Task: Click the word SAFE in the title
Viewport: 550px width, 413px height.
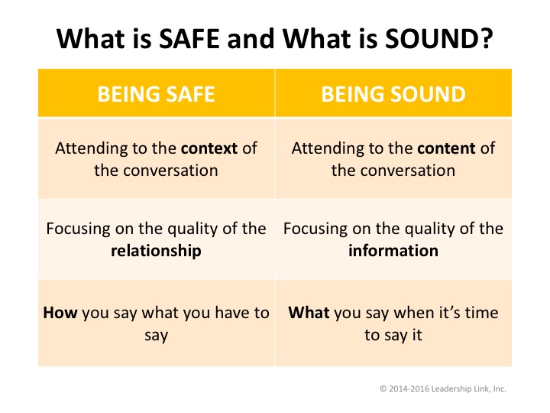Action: click(x=189, y=38)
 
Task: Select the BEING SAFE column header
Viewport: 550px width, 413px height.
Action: click(x=156, y=94)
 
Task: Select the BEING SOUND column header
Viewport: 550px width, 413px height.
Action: click(x=393, y=94)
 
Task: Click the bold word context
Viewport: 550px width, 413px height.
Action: click(x=209, y=148)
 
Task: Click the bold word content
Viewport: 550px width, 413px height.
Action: click(x=446, y=148)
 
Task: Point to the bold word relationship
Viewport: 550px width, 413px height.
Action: click(x=156, y=251)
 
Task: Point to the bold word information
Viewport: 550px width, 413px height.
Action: click(x=393, y=251)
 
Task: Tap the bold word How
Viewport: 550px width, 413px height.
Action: click(x=60, y=313)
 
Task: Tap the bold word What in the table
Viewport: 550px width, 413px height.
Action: click(x=309, y=313)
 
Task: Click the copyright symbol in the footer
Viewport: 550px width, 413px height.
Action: click(x=383, y=389)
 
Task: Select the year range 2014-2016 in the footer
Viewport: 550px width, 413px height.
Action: click(x=409, y=389)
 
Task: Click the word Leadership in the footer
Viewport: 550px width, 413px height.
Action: click(x=451, y=389)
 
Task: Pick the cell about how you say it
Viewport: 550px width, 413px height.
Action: click(x=156, y=323)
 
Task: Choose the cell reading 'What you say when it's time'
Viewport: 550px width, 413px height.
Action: click(x=393, y=323)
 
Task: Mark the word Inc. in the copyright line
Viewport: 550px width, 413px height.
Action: click(x=500, y=389)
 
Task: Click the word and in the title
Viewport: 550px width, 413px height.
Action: click(x=251, y=38)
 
